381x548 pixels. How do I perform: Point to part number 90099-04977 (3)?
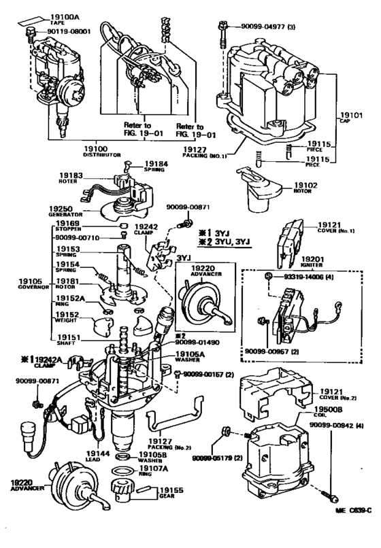273,27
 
